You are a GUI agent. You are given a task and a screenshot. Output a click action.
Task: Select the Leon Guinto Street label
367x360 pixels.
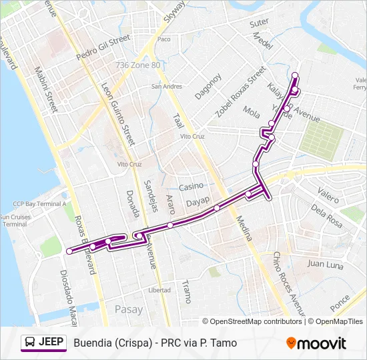[118, 113]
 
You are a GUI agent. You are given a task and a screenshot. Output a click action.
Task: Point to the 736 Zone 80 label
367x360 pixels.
[138, 65]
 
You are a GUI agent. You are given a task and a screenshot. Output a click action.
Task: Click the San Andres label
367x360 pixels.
[166, 86]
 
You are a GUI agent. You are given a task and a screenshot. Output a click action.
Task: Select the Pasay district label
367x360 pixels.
[129, 309]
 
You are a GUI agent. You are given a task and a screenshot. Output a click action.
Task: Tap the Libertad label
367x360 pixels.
[159, 290]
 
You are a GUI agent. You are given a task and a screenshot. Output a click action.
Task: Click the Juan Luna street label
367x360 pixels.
[324, 264]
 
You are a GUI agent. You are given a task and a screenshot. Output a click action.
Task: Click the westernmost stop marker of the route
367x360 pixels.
[69, 251]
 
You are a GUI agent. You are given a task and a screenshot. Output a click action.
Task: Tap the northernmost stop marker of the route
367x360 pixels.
[295, 75]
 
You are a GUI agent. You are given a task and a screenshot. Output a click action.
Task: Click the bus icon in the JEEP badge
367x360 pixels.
[29, 343]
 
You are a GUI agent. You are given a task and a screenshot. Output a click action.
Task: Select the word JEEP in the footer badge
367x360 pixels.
[51, 343]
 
